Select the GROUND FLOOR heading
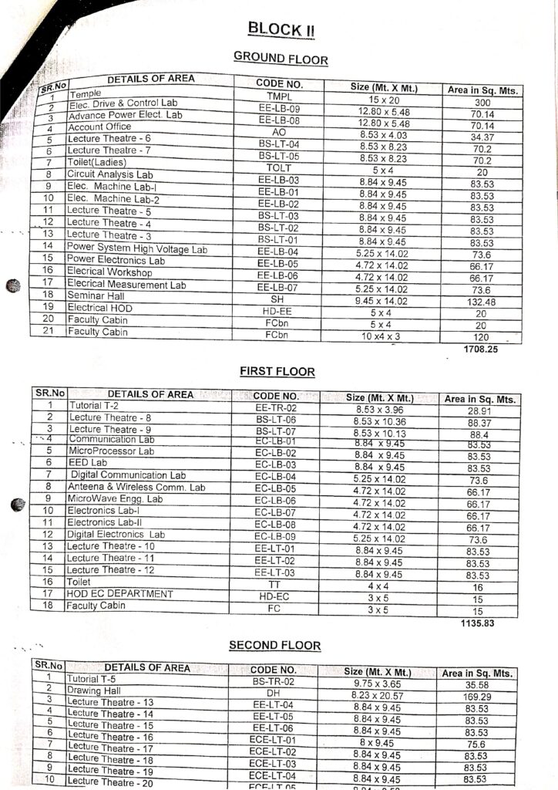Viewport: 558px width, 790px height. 281,59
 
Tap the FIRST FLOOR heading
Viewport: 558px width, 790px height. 277,372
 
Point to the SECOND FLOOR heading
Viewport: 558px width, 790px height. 275,646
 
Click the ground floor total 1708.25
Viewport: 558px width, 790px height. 481,349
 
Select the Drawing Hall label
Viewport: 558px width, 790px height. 94,690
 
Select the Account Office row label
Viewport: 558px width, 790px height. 99,127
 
